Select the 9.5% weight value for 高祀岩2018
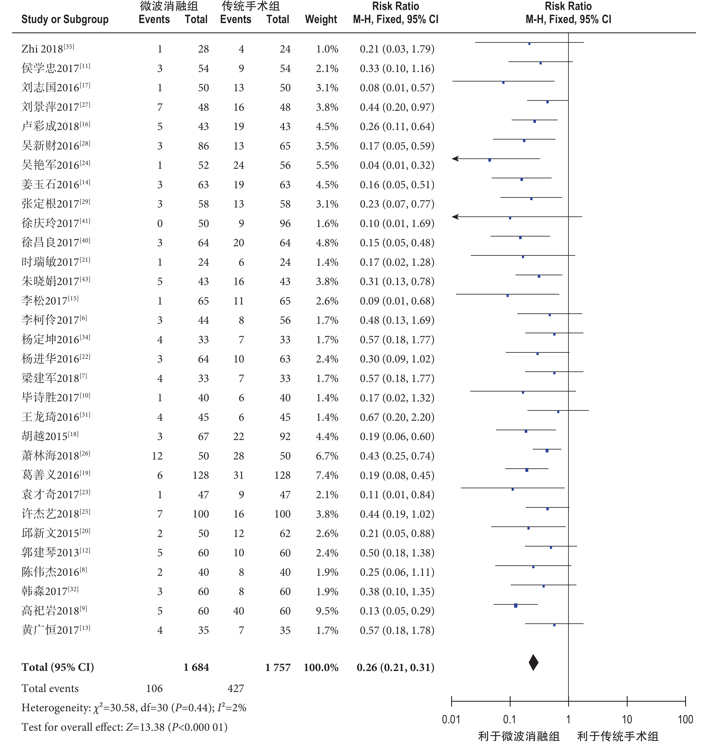click(x=327, y=611)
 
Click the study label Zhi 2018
click(x=48, y=49)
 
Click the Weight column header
click(x=321, y=19)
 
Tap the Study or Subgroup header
click(x=65, y=19)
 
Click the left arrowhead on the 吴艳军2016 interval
click(x=455, y=159)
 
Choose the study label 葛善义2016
click(x=56, y=475)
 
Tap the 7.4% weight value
click(x=327, y=475)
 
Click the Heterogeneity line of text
click(x=134, y=707)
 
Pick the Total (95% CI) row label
click(x=58, y=667)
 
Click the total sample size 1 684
click(x=196, y=667)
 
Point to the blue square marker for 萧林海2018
click(x=547, y=451)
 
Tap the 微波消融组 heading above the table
click(x=169, y=6)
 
